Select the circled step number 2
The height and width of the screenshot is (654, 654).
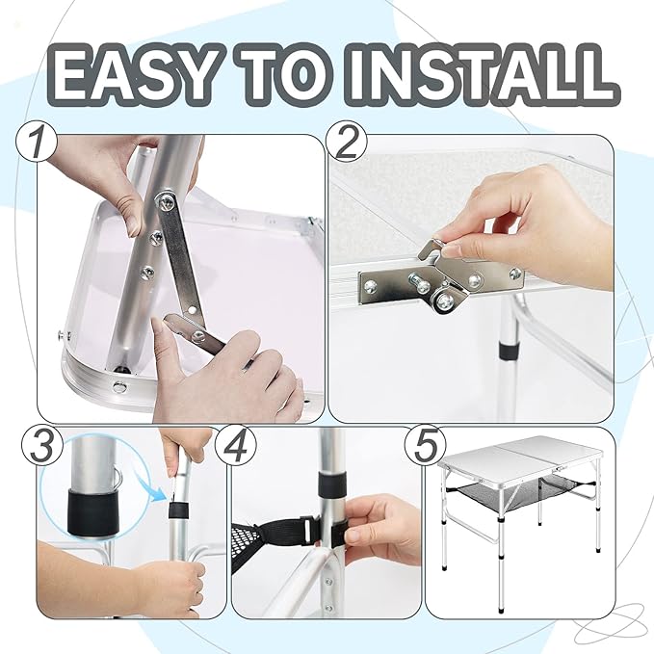pyautogui.click(x=346, y=142)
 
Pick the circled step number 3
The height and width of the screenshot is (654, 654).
pyautogui.click(x=42, y=445)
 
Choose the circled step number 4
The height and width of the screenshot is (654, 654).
pyautogui.click(x=236, y=445)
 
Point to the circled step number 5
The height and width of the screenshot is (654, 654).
pyautogui.click(x=426, y=445)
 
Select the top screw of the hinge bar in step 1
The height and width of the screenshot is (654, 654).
pyautogui.click(x=166, y=200)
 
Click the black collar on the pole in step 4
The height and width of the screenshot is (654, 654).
pyautogui.click(x=332, y=483)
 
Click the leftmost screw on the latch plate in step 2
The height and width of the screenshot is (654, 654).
pyautogui.click(x=371, y=286)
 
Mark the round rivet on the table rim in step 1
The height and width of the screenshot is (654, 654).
pyautogui.click(x=120, y=386)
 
